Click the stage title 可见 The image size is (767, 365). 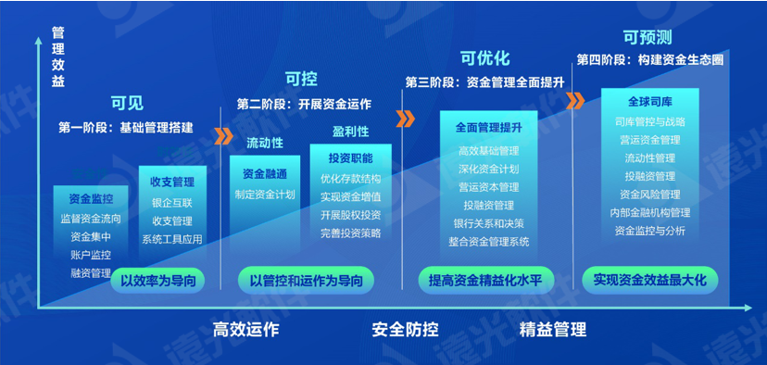pyautogui.click(x=128, y=103)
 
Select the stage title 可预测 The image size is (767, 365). pyautogui.click(x=647, y=37)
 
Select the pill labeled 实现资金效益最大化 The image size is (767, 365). pyautogui.click(x=649, y=277)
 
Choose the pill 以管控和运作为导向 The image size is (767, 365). pyautogui.click(x=306, y=278)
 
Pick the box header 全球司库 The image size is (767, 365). pyautogui.click(x=647, y=101)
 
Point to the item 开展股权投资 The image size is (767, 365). pyautogui.click(x=350, y=215)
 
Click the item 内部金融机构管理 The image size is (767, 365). pyautogui.click(x=649, y=212)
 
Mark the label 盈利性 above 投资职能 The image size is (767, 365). pyautogui.click(x=350, y=132)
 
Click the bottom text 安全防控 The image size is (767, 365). pyautogui.click(x=405, y=329)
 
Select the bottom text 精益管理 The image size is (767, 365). pyautogui.click(x=553, y=329)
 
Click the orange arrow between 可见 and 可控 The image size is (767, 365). pyautogui.click(x=222, y=137)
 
